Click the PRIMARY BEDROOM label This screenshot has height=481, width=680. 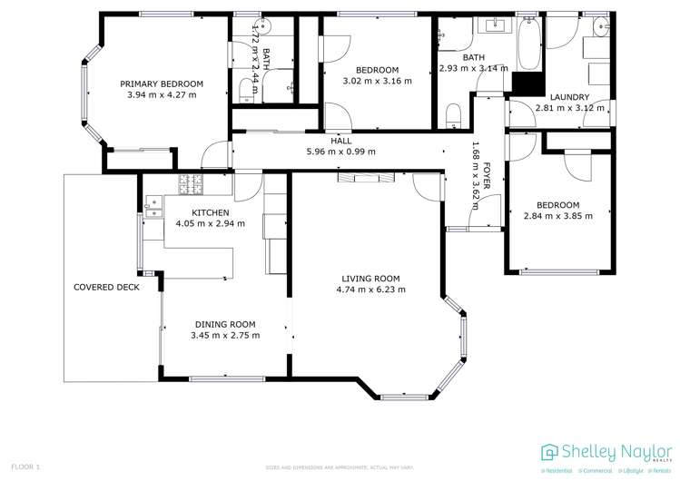162,83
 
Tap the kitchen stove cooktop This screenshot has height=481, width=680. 192,184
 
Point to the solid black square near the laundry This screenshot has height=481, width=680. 525,83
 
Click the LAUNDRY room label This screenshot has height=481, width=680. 569,97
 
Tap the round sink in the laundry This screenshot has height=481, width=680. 600,30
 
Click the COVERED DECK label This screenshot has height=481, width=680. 106,288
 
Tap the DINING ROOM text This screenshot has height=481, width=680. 224,324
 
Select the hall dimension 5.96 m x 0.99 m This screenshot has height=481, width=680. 340,152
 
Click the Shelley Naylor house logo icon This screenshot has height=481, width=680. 550,452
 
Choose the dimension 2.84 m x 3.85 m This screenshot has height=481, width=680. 557,216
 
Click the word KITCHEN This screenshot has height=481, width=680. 210,212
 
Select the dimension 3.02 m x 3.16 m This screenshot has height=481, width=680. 377,81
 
